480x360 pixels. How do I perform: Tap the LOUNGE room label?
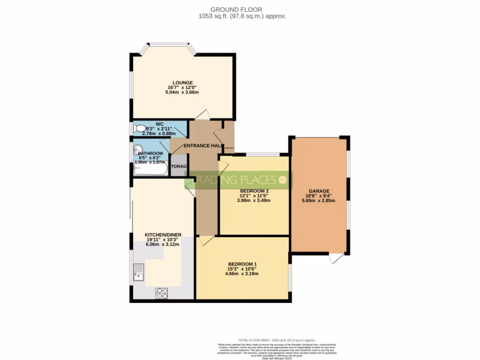pos(182,82)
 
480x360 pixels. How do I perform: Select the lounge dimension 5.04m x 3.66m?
pos(182,92)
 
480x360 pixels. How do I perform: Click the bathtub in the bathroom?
pos(150,170)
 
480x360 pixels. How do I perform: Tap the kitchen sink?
pos(139,272)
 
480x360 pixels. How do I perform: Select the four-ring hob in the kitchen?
pos(162,293)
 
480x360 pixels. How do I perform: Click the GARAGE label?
pos(318,191)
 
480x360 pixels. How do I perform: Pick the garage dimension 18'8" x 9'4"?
pos(318,196)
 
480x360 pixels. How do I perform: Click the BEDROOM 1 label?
pos(242,264)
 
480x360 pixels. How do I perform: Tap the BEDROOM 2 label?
pos(254,190)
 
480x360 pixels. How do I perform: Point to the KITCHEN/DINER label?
pos(163,235)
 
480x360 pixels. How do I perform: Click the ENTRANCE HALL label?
pos(202,146)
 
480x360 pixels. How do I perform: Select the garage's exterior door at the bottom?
pos(336,258)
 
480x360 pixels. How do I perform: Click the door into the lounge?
pos(202,115)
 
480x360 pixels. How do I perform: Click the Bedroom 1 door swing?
pos(205,240)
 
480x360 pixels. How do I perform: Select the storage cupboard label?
pos(179,166)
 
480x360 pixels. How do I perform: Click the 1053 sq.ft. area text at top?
pos(243,16)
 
